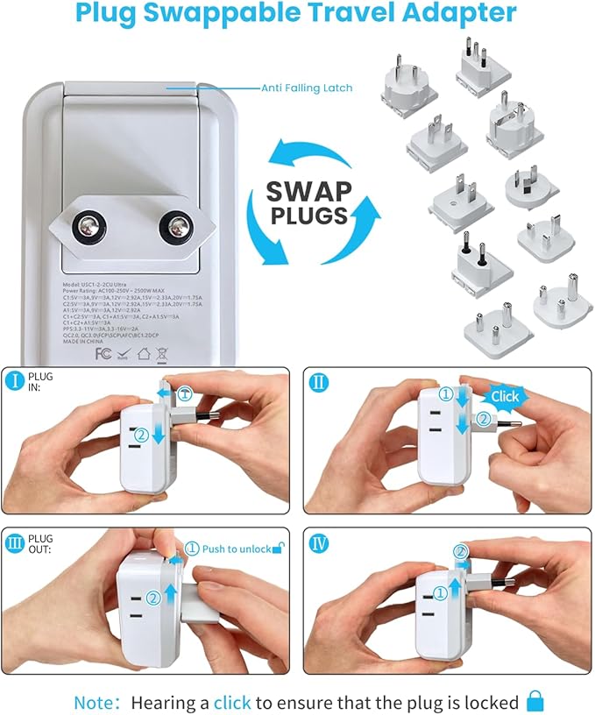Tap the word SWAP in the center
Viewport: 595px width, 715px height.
point(309,191)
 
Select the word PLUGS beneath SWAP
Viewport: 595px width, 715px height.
point(310,216)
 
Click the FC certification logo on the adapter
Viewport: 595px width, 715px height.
point(78,355)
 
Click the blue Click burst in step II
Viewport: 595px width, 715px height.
point(505,396)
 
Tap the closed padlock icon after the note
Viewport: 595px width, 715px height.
point(535,700)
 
